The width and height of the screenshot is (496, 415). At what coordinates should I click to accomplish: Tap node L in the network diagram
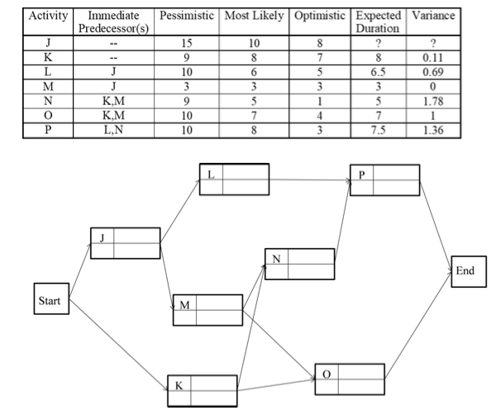(234, 179)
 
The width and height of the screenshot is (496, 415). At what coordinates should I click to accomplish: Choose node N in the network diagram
(300, 265)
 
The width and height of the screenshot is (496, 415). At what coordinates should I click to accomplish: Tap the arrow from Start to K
(116, 346)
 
